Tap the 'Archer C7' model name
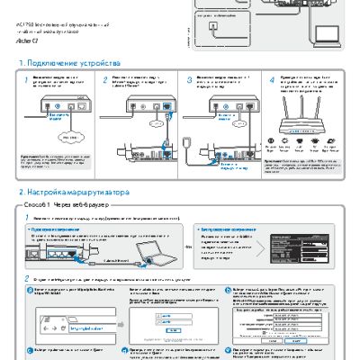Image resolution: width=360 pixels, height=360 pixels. coord(30,41)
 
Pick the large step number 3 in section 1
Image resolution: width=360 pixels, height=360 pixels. coord(188,81)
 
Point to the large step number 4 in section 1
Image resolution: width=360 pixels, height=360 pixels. coord(272,81)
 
